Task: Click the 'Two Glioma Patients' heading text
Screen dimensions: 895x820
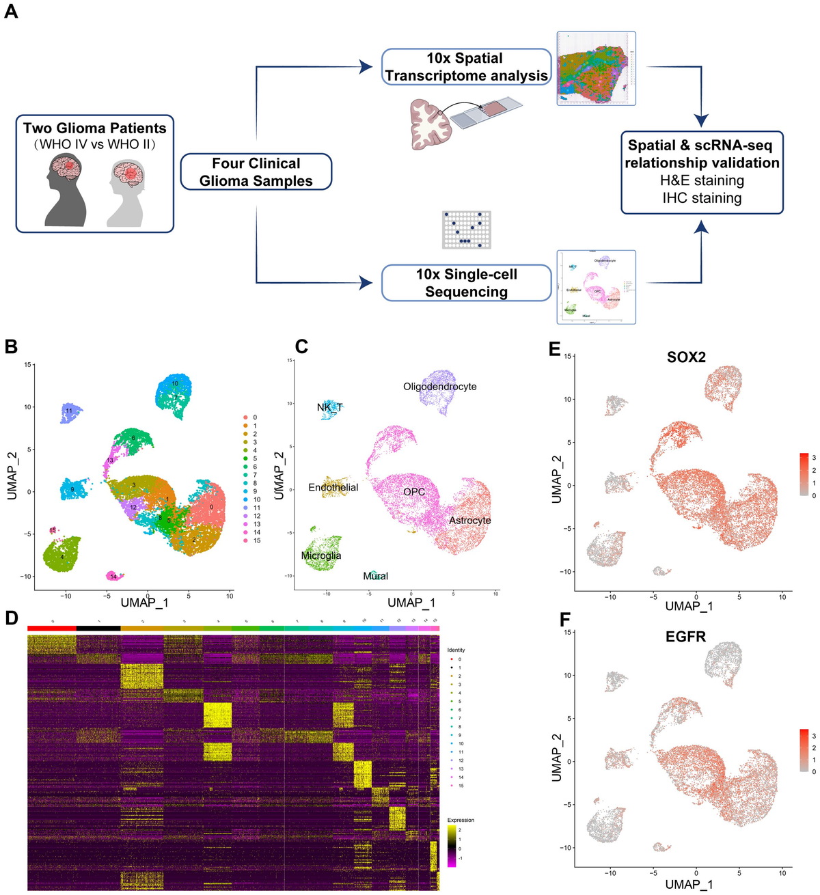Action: click(94, 128)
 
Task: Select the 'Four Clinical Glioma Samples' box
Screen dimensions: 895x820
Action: click(256, 172)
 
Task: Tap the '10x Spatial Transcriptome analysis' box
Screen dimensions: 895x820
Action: click(466, 67)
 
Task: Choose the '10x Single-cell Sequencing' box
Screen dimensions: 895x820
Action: click(466, 283)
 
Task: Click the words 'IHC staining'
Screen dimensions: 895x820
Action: click(702, 198)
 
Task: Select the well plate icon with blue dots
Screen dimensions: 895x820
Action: click(467, 230)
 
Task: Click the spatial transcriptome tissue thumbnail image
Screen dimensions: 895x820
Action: click(596, 68)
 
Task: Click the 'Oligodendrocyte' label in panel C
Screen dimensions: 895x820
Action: click(440, 387)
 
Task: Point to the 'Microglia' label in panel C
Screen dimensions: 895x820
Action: click(321, 555)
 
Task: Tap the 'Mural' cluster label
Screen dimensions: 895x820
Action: click(375, 576)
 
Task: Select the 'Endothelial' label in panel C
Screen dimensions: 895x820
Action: click(333, 487)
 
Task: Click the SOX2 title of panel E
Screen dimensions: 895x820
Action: click(686, 357)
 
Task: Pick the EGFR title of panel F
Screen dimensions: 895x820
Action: click(685, 637)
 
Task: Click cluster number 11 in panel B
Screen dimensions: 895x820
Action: click(69, 411)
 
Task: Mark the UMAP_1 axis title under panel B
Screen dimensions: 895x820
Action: click(144, 603)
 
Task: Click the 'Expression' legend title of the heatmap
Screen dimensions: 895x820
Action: click(461, 820)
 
